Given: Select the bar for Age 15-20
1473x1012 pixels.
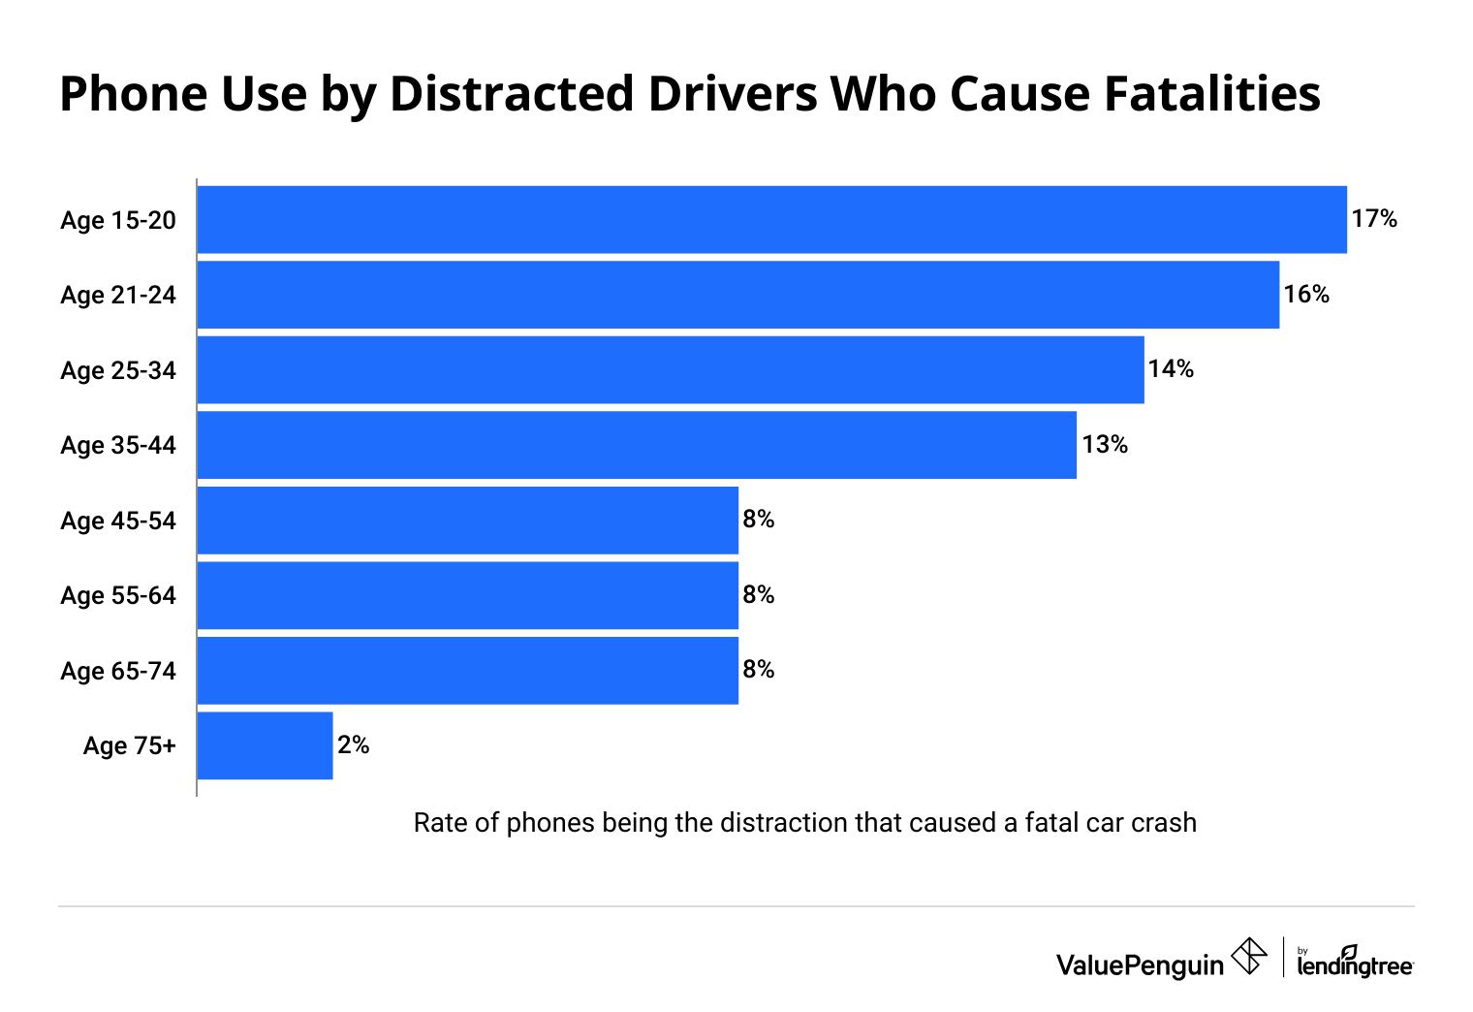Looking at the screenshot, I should pyautogui.click(x=771, y=219).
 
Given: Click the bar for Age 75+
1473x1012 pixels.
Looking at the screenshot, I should pyautogui.click(x=265, y=745).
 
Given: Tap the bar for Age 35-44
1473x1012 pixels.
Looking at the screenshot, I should pyautogui.click(x=637, y=445).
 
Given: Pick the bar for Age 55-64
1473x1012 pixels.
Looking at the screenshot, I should pyautogui.click(x=467, y=595).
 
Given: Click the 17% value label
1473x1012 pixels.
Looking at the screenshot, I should pyautogui.click(x=1374, y=219).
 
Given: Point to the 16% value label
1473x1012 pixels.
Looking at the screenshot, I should pyautogui.click(x=1306, y=295).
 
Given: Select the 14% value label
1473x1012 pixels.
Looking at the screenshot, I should pyautogui.click(x=1171, y=369).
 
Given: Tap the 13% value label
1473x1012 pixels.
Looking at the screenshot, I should pyautogui.click(x=1105, y=445).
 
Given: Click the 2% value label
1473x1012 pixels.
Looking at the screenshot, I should pyautogui.click(x=354, y=745).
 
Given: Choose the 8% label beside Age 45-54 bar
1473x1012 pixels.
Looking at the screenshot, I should pyautogui.click(x=759, y=520).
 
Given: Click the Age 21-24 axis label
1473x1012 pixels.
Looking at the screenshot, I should pyautogui.click(x=118, y=295).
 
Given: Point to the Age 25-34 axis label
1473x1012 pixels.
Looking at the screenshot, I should pyautogui.click(x=118, y=370).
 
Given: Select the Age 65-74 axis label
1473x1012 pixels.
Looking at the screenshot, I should pyautogui.click(x=118, y=671).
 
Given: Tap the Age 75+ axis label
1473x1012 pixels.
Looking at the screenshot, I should pyautogui.click(x=130, y=745).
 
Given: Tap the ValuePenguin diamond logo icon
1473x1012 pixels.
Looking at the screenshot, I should pyautogui.click(x=1248, y=956).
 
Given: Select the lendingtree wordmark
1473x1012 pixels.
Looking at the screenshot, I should pyautogui.click(x=1355, y=965).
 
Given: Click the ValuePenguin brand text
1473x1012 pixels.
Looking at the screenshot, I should pyautogui.click(x=1140, y=965).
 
